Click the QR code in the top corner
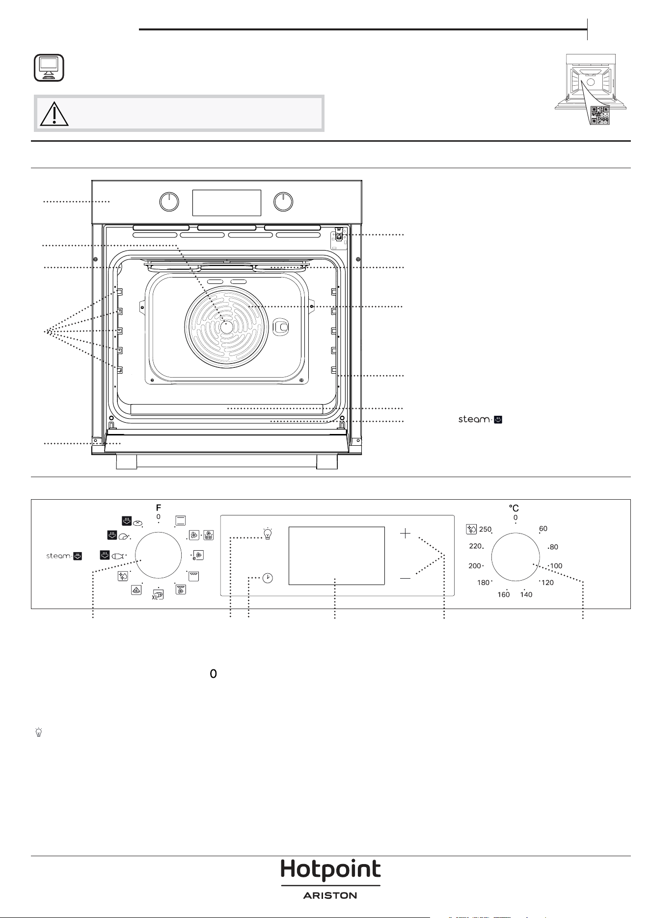[x=600, y=115]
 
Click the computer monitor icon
[x=49, y=68]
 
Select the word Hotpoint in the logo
[x=330, y=871]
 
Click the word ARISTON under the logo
[x=330, y=895]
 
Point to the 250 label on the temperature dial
[x=485, y=529]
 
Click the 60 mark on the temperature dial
[x=543, y=529]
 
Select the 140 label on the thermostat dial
[x=526, y=594]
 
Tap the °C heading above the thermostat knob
[x=514, y=509]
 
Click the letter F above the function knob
[x=159, y=508]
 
